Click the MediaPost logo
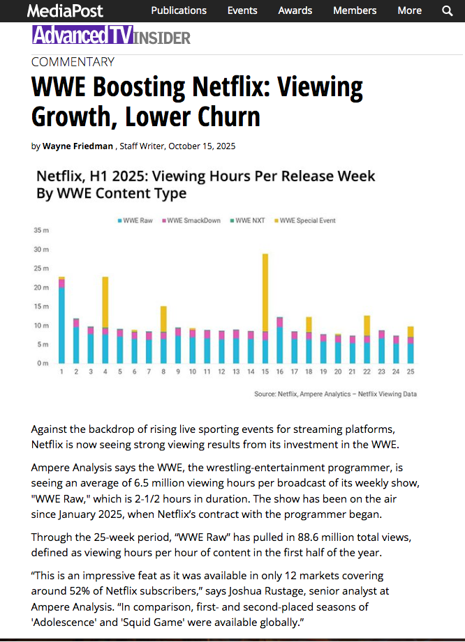click(x=64, y=10)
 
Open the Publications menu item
click(x=179, y=10)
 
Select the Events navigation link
click(x=242, y=10)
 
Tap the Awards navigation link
click(x=295, y=10)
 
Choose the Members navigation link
click(x=355, y=10)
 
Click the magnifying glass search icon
click(x=448, y=10)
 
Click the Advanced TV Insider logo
click(x=111, y=36)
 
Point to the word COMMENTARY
click(x=73, y=62)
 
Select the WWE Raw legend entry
click(x=136, y=220)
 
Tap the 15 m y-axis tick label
click(x=40, y=307)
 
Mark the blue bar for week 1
click(x=61, y=325)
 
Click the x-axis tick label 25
click(x=411, y=372)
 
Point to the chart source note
click(x=335, y=394)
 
